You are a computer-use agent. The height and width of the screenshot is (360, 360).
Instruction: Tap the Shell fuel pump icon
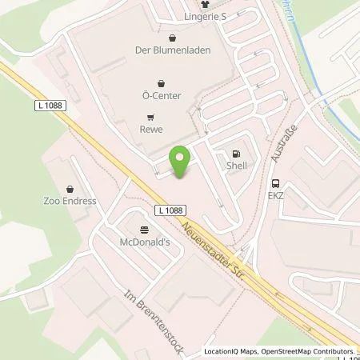[235, 154]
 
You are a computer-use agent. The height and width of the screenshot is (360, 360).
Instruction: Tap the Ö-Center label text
[162, 96]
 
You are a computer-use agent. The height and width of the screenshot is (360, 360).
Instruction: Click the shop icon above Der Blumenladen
[173, 35]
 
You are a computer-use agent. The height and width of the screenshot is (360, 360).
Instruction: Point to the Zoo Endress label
[70, 201]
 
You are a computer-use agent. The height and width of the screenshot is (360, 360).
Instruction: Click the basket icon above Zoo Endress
[70, 189]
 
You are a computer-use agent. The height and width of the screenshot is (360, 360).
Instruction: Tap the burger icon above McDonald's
[144, 228]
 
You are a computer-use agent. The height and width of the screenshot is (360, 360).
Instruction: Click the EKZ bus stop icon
[275, 182]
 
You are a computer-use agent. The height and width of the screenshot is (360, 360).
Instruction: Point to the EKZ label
[276, 194]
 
